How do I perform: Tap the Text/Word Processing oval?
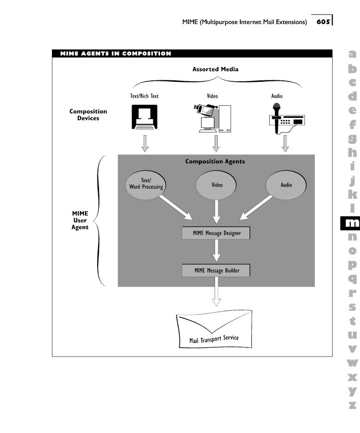coord(146,184)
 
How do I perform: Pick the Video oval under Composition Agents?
coord(217,185)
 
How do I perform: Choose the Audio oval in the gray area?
coord(286,185)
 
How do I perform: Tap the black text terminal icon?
coord(145,117)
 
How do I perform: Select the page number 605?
coord(323,22)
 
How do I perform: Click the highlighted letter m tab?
coord(352,223)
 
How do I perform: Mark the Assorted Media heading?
coord(215,69)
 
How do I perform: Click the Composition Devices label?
coord(88,115)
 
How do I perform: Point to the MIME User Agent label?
coord(80,220)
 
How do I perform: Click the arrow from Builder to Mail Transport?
coord(216,293)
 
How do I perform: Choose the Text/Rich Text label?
coord(145,96)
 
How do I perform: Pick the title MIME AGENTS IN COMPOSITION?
coord(116,53)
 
